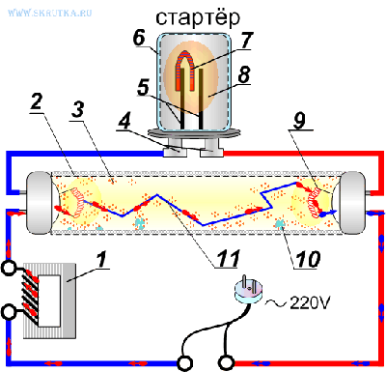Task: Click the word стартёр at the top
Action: tap(198, 18)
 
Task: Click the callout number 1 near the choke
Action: tap(101, 261)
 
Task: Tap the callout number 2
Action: tap(37, 102)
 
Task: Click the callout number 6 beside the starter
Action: tap(139, 39)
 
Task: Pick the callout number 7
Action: tap(247, 40)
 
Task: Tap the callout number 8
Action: tap(243, 74)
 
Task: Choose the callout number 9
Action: tap(300, 120)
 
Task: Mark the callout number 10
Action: tap(308, 259)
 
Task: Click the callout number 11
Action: tap(228, 258)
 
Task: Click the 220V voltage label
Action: tap(310, 302)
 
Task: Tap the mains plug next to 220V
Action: tap(249, 289)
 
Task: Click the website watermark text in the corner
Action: tap(50, 13)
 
